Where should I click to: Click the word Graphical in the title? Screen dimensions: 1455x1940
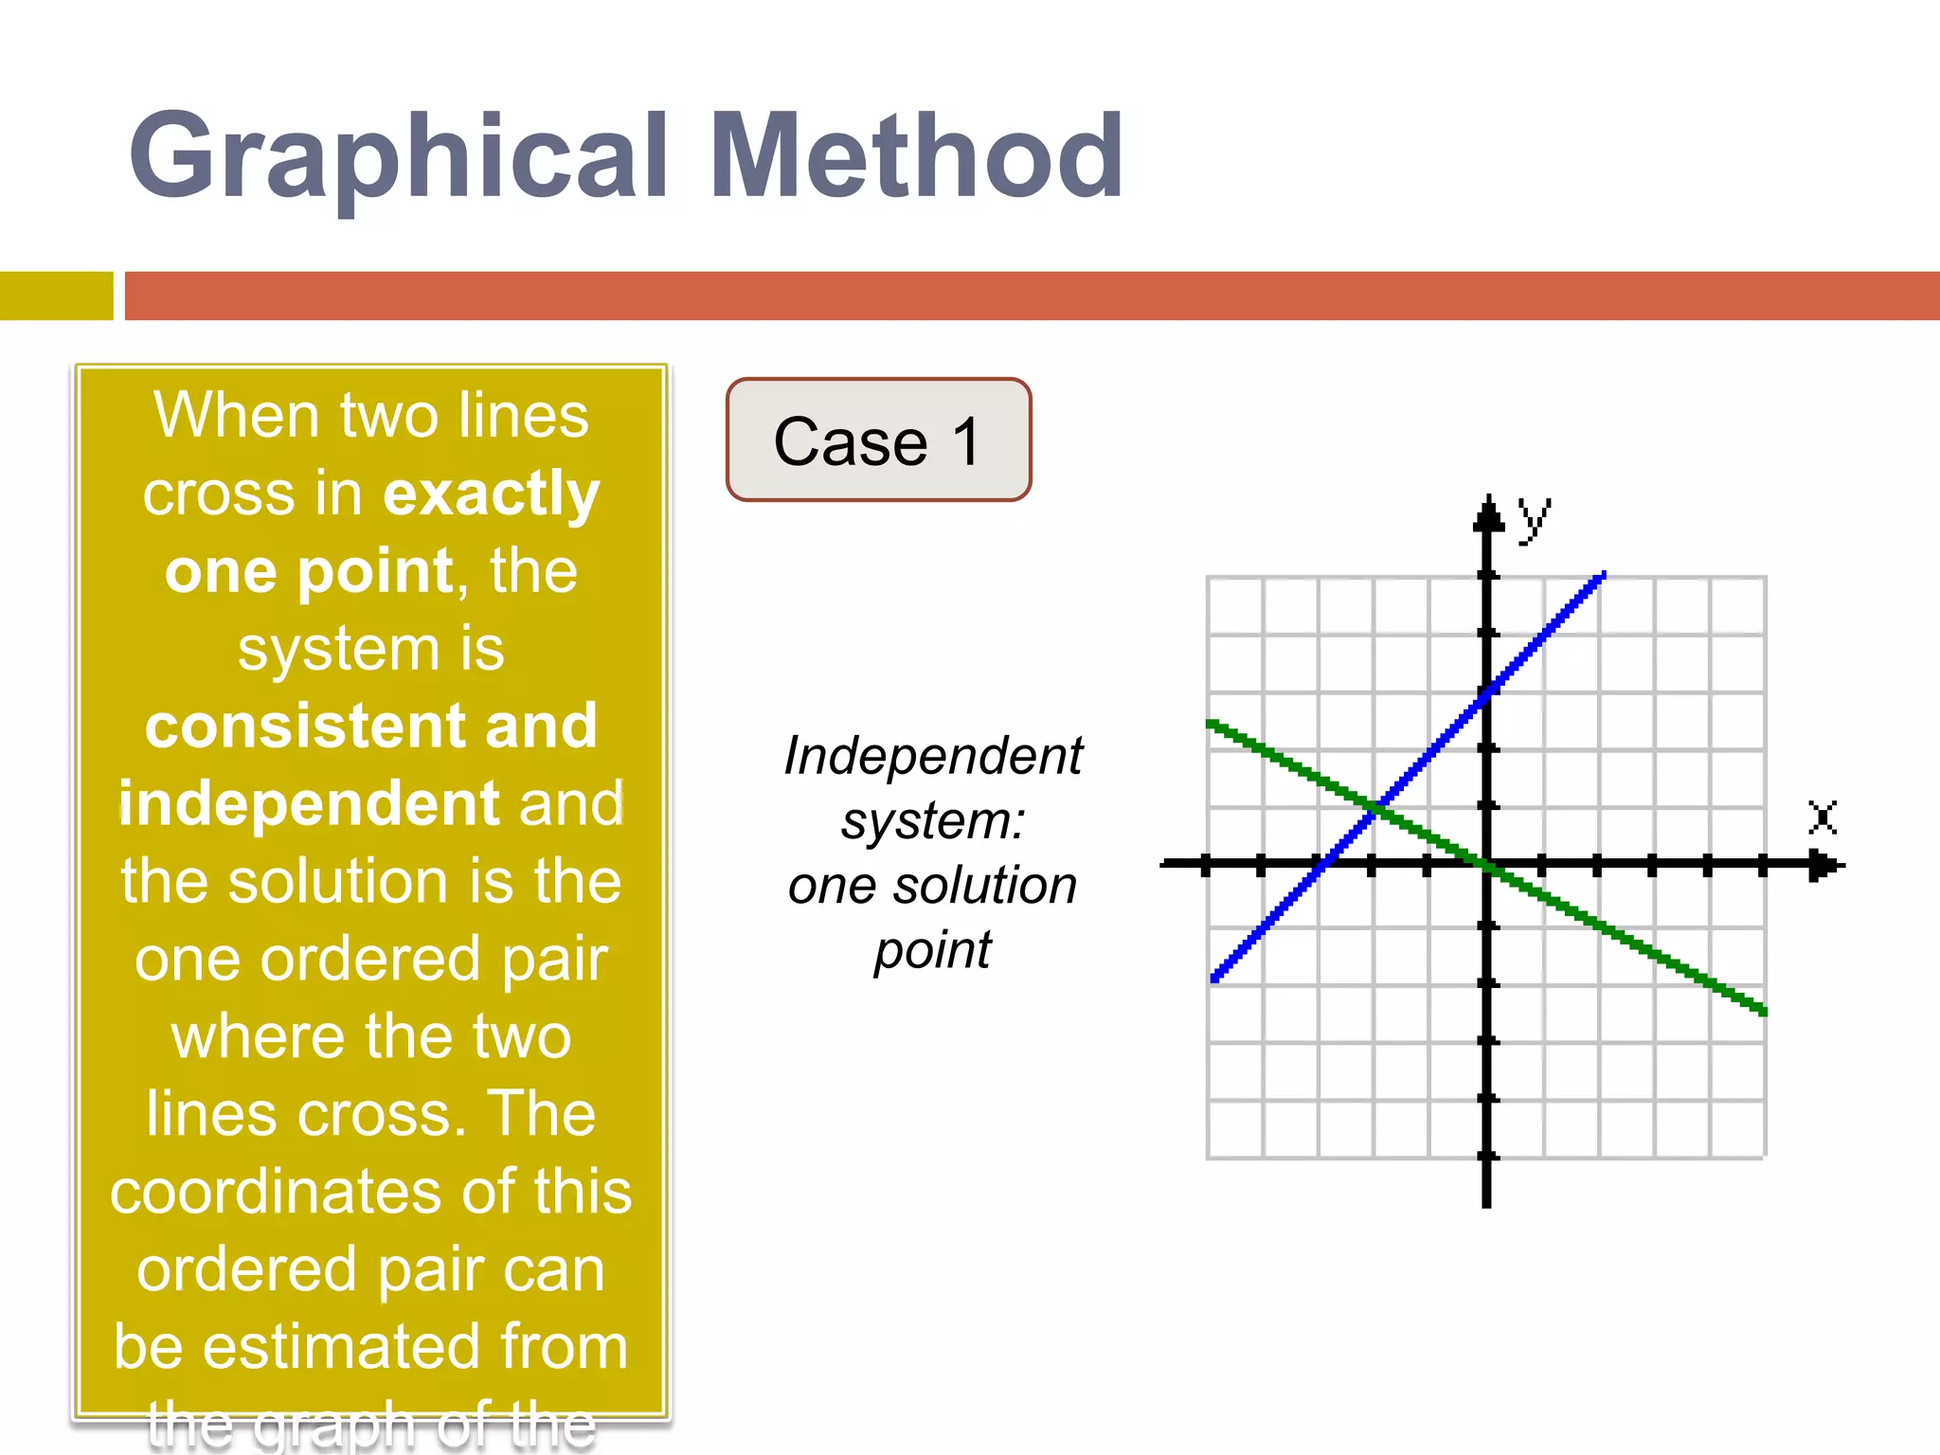398,156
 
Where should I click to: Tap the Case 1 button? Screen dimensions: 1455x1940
878,440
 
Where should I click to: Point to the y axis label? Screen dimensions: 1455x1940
1534,518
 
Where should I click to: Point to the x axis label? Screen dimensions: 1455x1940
1823,817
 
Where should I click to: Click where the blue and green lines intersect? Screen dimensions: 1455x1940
1377,808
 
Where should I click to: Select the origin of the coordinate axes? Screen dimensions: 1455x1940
1487,864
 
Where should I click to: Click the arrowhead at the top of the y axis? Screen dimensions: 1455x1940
1488,515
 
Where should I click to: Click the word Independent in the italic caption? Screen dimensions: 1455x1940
933,756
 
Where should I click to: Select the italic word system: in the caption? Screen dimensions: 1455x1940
933,820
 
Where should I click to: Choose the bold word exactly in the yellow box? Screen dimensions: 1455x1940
491,494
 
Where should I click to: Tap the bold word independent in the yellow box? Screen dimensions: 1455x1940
309,803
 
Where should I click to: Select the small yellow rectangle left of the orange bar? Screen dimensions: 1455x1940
56,296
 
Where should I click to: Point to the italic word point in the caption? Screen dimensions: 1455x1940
933,950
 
